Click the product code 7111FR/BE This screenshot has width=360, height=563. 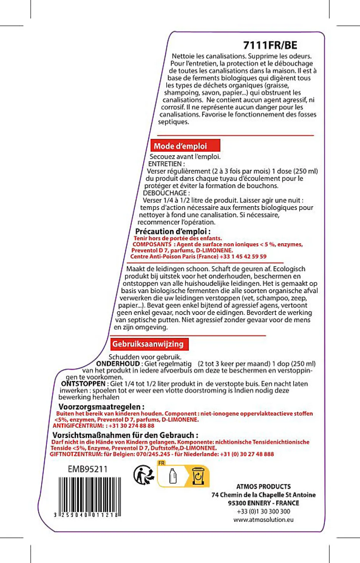pos(270,45)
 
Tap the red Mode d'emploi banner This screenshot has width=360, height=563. pos(185,146)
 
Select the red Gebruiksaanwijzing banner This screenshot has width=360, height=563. pos(149,344)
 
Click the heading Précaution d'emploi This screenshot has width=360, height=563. pos(173,231)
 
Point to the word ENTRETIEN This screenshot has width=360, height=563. pos(165,164)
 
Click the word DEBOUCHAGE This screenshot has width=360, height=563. pos(165,193)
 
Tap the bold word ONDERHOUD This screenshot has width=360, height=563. pos(118,363)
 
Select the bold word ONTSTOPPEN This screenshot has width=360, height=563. pos(83,383)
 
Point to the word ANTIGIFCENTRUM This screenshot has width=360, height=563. pos(78,426)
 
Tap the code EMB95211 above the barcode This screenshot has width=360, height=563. pos(88,469)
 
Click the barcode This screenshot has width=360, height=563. pos(88,496)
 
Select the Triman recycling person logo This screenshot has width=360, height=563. pos(144,475)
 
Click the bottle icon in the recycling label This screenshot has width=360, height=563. pos(173,476)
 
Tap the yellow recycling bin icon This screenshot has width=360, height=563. pos(198,476)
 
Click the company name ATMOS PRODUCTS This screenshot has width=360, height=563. pos(264,487)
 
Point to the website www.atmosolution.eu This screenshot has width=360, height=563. pos(264,520)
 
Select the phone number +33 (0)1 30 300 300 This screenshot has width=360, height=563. pos(264,511)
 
